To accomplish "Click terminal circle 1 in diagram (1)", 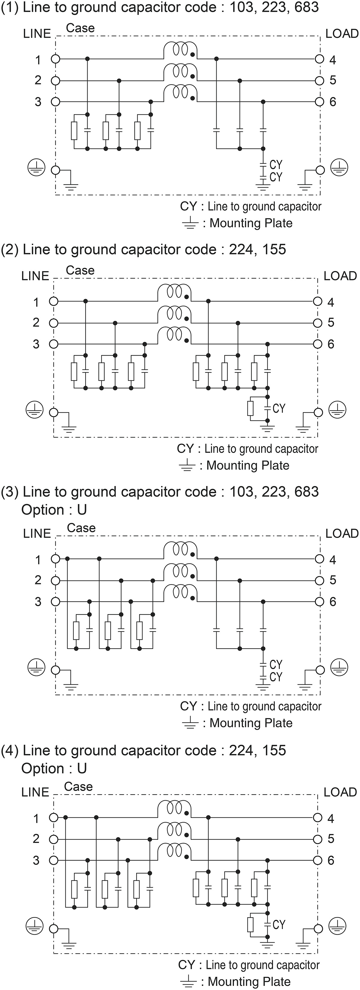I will click(x=56, y=59).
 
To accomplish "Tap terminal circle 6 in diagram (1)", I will click(x=319, y=102).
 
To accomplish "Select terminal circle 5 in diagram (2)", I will click(x=317, y=323).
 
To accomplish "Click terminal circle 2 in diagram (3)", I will click(x=56, y=580).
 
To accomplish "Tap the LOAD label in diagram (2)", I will click(x=340, y=276).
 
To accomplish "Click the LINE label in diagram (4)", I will click(x=35, y=792).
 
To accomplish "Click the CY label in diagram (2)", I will click(x=279, y=408).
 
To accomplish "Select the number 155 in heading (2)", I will click(x=274, y=249).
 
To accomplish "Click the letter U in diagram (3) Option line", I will click(x=82, y=510).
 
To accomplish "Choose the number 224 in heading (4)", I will click(x=241, y=750).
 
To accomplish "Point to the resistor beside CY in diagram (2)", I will click(x=250, y=409).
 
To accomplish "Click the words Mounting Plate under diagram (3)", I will click(x=251, y=723).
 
